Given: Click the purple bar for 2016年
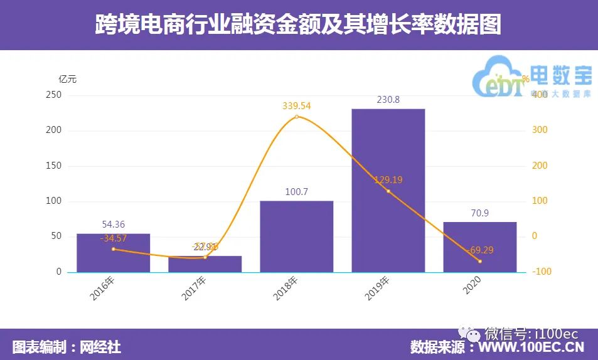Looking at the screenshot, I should [x=113, y=253].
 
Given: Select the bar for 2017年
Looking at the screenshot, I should [x=205, y=264].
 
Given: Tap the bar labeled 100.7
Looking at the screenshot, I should [x=296, y=236].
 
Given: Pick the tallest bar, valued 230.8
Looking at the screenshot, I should [x=388, y=191].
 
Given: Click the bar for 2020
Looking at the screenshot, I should [x=479, y=247].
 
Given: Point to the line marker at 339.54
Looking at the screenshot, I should [x=296, y=117].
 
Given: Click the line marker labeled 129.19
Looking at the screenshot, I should [x=388, y=191].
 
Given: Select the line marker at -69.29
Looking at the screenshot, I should [x=479, y=261].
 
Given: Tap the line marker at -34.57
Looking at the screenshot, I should [x=113, y=249].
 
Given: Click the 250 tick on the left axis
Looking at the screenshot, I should [x=55, y=95].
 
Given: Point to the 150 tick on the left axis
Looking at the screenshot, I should [x=55, y=166].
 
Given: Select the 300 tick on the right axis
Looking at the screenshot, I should [x=540, y=130].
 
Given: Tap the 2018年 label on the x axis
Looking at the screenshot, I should [x=287, y=289].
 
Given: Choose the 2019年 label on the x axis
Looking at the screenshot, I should [x=379, y=289].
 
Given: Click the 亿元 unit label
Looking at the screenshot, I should [x=67, y=80].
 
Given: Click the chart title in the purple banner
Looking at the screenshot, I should [x=299, y=25].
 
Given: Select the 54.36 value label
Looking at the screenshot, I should [x=114, y=225].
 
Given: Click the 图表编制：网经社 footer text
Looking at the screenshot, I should [x=67, y=347].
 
